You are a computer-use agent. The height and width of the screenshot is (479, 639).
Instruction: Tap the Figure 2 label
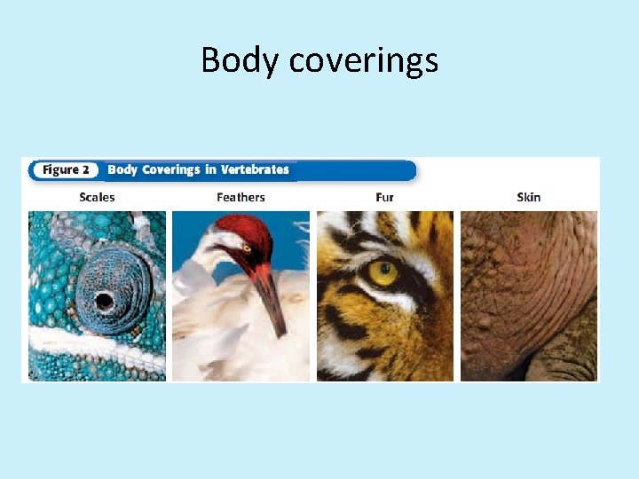pos(66,169)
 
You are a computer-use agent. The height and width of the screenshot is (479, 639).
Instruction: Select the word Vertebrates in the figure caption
pos(256,169)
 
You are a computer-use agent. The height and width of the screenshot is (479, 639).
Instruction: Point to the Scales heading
pos(97,197)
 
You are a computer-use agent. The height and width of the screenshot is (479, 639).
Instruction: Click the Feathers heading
pos(241,197)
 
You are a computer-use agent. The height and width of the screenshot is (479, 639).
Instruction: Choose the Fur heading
pos(384,197)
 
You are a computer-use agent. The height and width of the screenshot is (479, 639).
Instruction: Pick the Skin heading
pos(528,197)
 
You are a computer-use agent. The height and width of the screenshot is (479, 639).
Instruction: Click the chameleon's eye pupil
pos(104,301)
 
